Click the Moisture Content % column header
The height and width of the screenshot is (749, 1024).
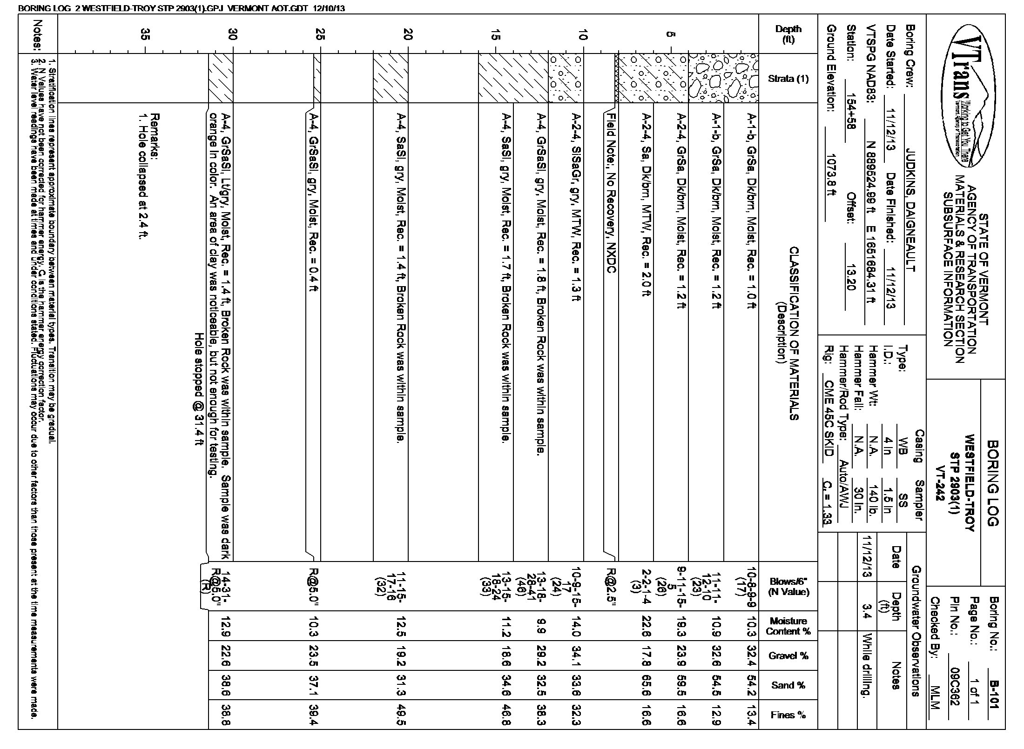pos(788,626)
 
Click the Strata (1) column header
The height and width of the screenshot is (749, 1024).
pos(788,79)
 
